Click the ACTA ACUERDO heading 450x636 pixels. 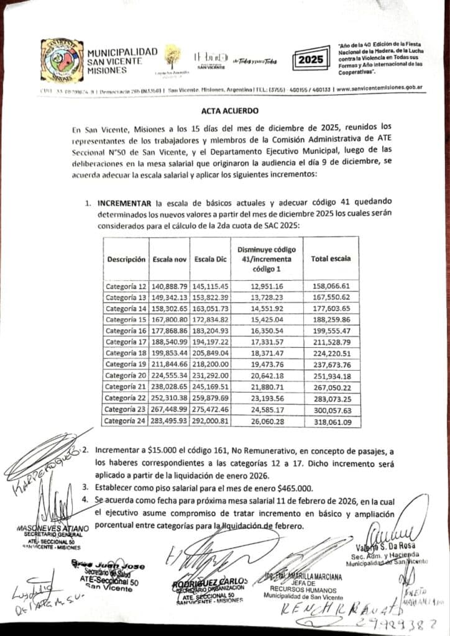(224, 111)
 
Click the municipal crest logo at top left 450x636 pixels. (62, 59)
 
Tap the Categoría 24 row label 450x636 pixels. (126, 420)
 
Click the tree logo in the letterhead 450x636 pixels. (172, 57)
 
